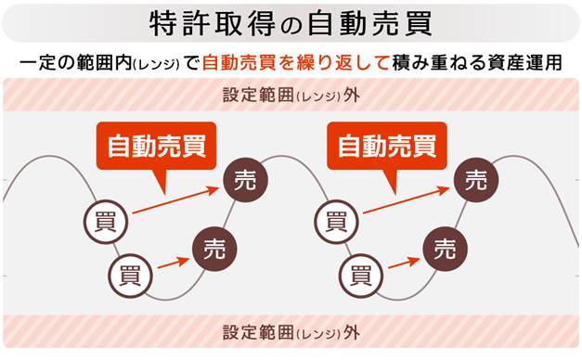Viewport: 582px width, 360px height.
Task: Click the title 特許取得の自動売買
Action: pos(291,23)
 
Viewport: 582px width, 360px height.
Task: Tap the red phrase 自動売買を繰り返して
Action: pos(295,62)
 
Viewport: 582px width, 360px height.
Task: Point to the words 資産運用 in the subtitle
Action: pos(524,62)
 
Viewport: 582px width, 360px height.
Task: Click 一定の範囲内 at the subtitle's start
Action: pos(75,63)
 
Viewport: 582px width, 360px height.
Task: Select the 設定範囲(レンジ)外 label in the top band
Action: pos(291,95)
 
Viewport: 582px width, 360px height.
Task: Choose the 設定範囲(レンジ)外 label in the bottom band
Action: pos(291,332)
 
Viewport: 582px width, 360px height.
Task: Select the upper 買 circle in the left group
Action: pos(106,222)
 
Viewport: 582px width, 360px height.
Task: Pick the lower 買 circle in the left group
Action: pos(130,276)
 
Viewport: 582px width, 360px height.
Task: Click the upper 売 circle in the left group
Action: pos(245,180)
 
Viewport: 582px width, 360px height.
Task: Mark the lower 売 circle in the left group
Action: pos(214,249)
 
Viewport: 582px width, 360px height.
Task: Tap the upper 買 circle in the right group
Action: pos(336,222)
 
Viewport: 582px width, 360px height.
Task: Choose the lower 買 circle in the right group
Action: pos(361,276)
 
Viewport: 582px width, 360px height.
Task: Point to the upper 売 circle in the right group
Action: pos(476,180)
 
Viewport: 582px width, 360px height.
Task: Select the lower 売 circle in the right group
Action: pos(445,249)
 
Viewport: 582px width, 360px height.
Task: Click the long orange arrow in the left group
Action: pos(175,200)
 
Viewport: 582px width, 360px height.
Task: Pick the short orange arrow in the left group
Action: pos(174,263)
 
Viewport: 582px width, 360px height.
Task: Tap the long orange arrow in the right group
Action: pos(406,200)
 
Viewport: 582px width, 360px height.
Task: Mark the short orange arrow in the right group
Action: pos(404,263)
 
